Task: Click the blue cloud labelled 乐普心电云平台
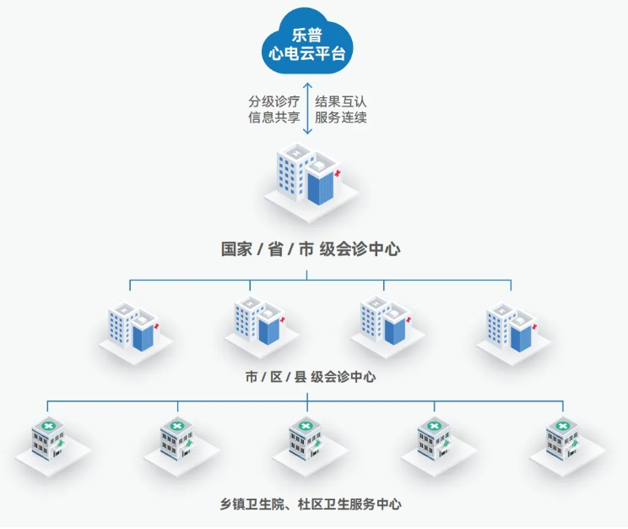pos(307,43)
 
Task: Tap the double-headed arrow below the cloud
pos(307,108)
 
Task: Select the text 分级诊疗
pos(274,101)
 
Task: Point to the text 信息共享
pos(274,117)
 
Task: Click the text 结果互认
pos(341,101)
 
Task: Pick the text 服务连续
pos(341,117)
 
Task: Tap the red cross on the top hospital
pos(338,173)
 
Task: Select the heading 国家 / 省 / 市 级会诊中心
pos(311,249)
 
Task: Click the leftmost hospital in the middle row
pos(135,333)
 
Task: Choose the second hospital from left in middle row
pos(261,327)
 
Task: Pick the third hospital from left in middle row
pos(387,327)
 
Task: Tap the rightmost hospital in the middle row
pos(513,334)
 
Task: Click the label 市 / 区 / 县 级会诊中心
pos(311,377)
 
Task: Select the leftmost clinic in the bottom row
pos(53,446)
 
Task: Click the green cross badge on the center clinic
pos(306,426)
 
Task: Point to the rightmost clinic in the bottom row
pos(567,446)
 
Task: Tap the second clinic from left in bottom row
pos(181,446)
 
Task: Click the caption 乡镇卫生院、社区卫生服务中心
pos(311,504)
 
